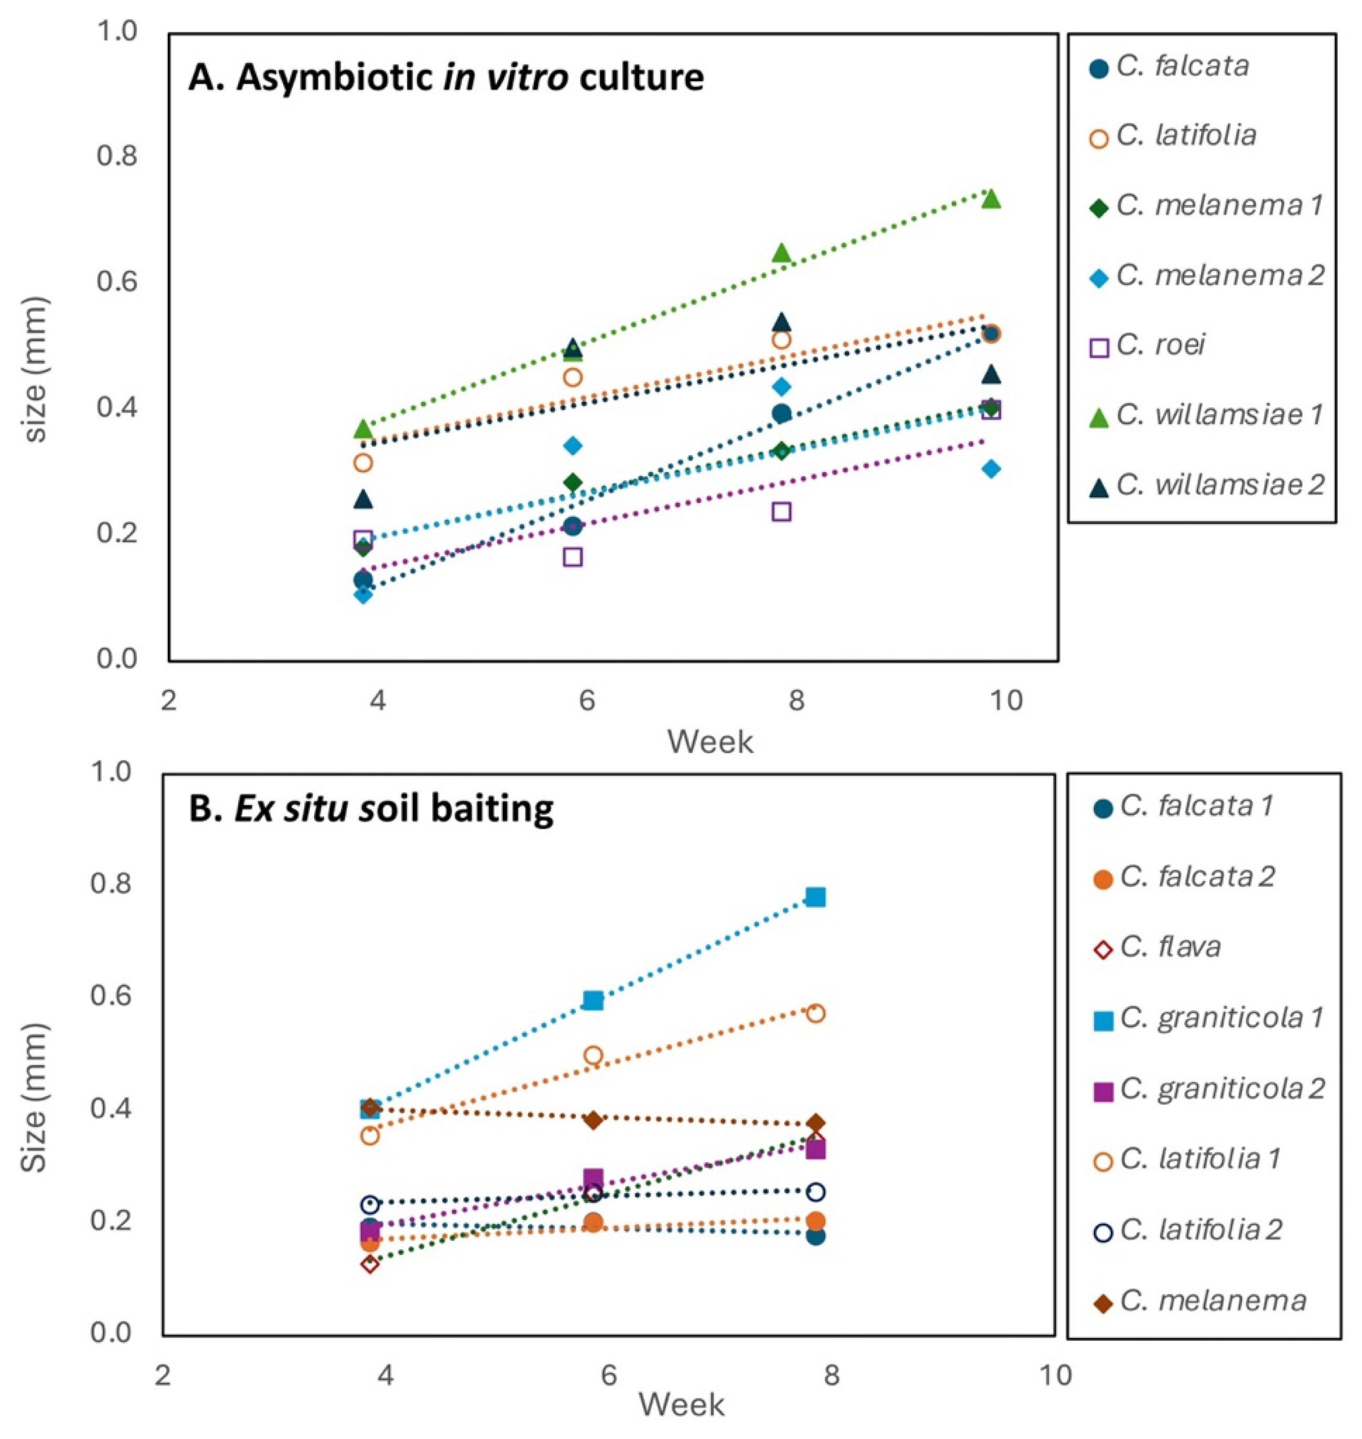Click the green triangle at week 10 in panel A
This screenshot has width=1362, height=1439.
point(991,199)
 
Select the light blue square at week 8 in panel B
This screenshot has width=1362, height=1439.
point(816,897)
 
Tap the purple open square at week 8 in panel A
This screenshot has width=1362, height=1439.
point(781,512)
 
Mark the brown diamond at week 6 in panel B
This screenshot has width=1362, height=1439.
point(593,1120)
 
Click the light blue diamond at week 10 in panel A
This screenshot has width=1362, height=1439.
point(991,469)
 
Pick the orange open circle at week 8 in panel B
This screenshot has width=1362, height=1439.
point(816,1014)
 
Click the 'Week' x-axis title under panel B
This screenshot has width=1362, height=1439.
point(681,1404)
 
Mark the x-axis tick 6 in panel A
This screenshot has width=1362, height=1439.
point(587,701)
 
